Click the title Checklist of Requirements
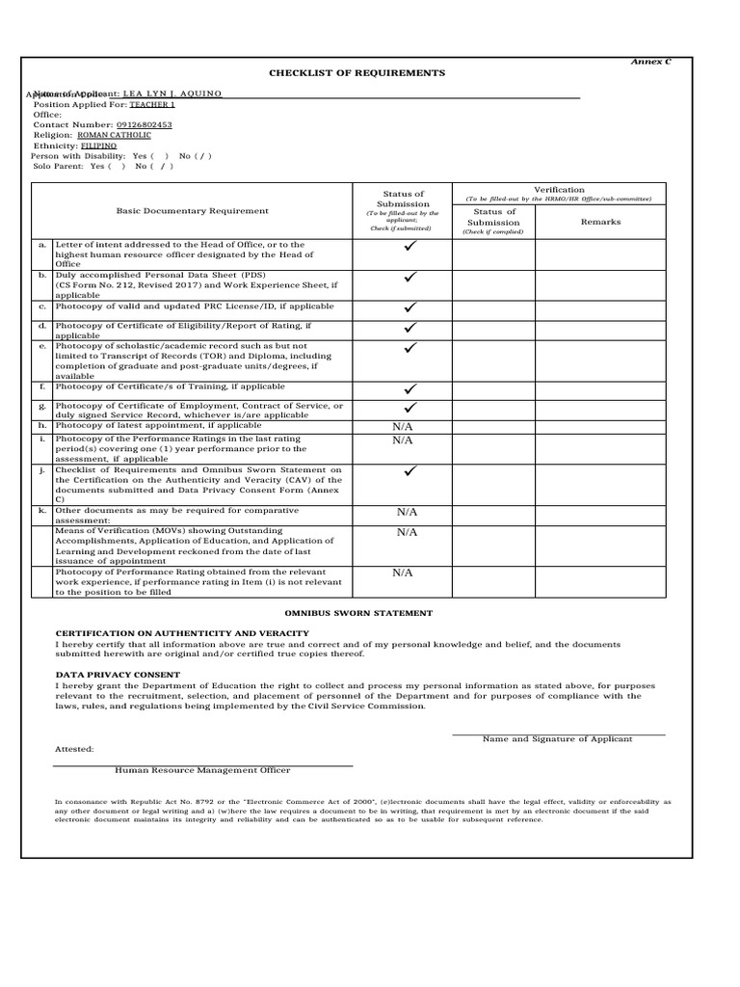coord(357,73)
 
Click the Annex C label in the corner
coord(650,61)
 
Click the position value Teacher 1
coord(152,103)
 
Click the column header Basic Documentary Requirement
coord(193,210)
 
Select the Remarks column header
coord(600,221)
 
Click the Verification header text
coord(559,190)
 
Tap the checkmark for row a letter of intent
coord(410,248)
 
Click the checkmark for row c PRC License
coord(410,307)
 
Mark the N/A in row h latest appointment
coord(402,425)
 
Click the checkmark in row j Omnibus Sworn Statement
coord(410,470)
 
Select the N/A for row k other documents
coord(407,512)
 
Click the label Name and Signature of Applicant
coord(557,738)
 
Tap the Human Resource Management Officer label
coord(202,770)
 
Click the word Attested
coord(74,748)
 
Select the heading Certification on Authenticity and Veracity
coord(182,633)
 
